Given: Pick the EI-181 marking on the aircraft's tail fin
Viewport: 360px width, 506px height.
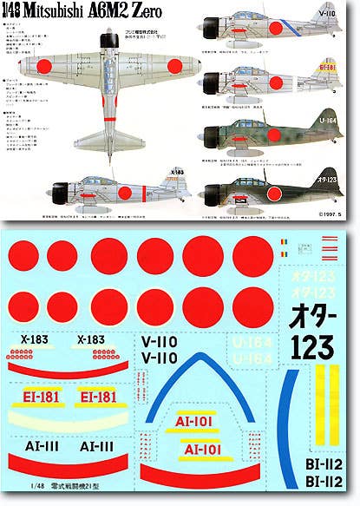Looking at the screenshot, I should pos(327,91).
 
